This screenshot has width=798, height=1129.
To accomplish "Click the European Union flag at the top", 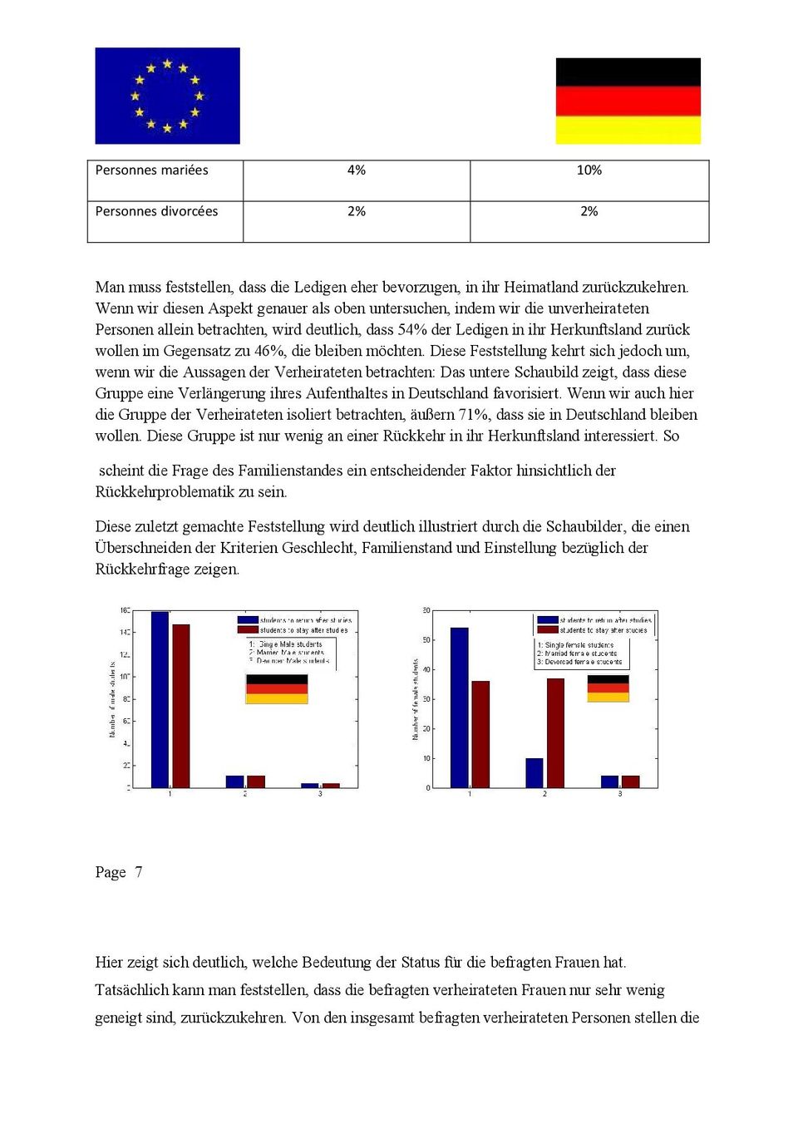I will pos(167,96).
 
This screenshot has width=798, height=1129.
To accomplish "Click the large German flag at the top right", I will pos(628,101).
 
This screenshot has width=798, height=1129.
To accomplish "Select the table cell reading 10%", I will pos(589,170).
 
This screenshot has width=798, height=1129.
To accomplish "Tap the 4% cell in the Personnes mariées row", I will pos(356,170).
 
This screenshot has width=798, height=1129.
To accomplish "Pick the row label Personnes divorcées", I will pos(156,212).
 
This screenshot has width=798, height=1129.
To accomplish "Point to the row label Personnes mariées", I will pos(151,170).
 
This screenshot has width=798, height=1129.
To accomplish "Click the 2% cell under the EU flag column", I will pos(356,212).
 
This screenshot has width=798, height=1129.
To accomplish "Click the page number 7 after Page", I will pos(139,872).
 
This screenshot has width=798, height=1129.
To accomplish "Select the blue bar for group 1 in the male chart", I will pos(160,700).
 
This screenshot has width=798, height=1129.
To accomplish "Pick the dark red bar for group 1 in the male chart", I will pos(180,707).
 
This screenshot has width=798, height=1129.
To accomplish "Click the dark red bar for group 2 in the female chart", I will pos(555,733).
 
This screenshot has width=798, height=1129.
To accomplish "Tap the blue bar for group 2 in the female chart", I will pos(534,773).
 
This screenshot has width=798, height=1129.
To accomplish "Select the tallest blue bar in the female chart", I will pos(459,707).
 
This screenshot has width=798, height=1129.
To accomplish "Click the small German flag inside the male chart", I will pos(277,689).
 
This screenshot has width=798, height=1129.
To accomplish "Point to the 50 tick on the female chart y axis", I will pos(426,640).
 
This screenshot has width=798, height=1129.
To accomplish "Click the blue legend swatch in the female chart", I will pos(547,620).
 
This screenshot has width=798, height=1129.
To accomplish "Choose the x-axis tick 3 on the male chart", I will pos(320,794).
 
